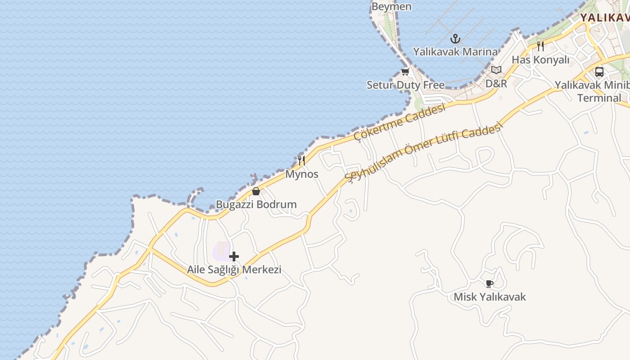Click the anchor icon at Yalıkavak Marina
coord(455,39)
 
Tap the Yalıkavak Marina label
coord(455,52)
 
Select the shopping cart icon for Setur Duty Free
coord(405,72)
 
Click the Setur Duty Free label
coord(405,85)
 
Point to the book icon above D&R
coord(496,70)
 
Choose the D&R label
coord(496,84)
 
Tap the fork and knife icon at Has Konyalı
coord(540,46)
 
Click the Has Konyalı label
coord(540,60)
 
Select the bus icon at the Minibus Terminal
coord(599,72)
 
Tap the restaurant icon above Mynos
coord(301,160)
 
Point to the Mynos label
coord(302,174)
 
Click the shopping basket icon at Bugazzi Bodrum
coord(256,191)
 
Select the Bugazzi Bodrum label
coord(256,204)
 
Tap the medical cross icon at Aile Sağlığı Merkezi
coord(234,256)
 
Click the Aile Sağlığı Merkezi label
coord(234,270)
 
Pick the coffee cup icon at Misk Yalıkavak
coord(490,283)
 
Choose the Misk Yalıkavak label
coord(490,297)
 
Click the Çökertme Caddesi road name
coord(400,122)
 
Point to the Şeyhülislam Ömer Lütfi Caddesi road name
coord(423,153)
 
